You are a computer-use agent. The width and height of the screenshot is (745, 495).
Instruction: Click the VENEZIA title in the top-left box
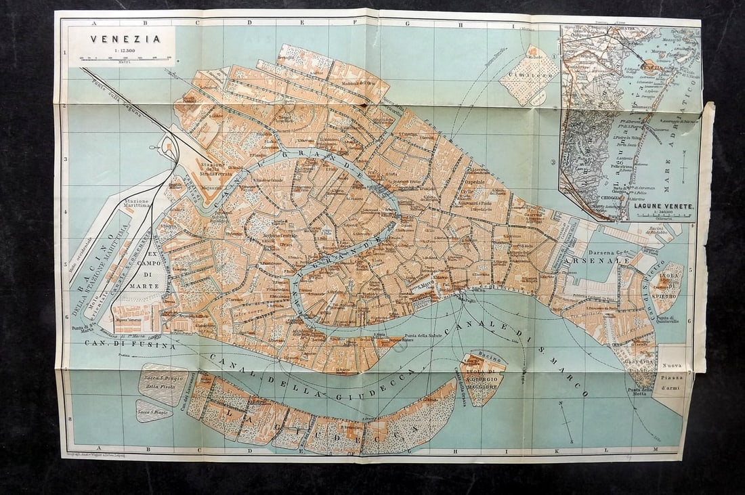click(125, 39)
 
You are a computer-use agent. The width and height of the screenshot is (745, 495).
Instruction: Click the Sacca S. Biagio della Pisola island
click(163, 383)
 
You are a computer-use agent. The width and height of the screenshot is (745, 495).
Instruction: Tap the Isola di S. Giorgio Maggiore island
click(482, 378)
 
